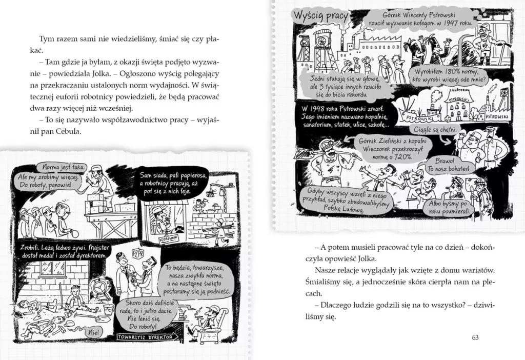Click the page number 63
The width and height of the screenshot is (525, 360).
(474, 337)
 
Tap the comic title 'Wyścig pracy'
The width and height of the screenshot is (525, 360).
(320, 16)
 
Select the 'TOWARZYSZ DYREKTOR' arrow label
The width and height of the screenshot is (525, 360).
(147, 337)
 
